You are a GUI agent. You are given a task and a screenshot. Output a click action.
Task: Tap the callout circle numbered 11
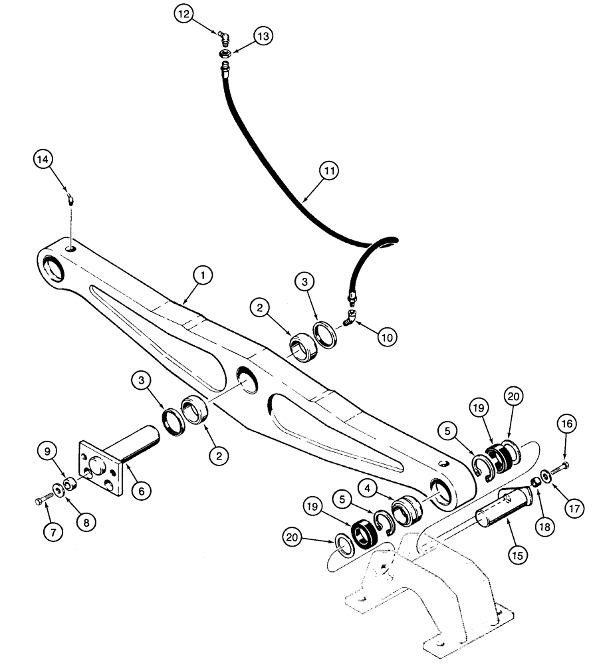tap(328, 172)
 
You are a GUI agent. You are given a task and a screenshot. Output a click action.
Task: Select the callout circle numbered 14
tap(43, 160)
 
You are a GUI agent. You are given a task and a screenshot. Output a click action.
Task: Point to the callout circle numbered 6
tap(140, 491)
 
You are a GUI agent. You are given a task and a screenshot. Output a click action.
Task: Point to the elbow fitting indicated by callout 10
tap(350, 321)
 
